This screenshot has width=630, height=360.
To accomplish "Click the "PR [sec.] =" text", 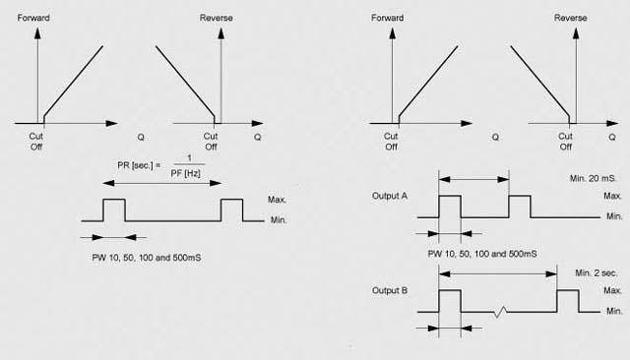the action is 139,165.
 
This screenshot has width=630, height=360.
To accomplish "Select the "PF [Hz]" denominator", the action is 186,174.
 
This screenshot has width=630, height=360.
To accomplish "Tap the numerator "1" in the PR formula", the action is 190,158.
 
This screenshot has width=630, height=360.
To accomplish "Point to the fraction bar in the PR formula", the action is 189,164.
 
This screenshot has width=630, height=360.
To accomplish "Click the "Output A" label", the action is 390,196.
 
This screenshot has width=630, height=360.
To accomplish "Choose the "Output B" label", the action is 390,290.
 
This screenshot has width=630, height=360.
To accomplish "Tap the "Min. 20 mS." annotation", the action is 593,178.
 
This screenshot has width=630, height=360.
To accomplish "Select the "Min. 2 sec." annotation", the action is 597,272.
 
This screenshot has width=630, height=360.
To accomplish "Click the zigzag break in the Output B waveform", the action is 500,312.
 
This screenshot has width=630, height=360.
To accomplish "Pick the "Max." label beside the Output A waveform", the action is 613,196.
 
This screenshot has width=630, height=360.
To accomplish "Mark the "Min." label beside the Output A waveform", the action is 614,216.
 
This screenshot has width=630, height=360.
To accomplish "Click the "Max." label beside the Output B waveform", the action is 613,290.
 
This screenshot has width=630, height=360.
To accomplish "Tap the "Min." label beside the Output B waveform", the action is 614,311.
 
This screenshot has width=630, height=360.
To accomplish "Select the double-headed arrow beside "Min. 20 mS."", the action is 474,179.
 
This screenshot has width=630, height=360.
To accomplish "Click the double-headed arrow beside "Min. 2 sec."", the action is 498,274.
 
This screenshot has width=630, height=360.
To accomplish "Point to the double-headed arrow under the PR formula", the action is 162,183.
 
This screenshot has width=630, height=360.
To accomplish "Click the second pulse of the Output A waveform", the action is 520,196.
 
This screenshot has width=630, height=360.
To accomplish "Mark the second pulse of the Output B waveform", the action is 568,290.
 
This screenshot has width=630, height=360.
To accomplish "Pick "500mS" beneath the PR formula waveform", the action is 187,258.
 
